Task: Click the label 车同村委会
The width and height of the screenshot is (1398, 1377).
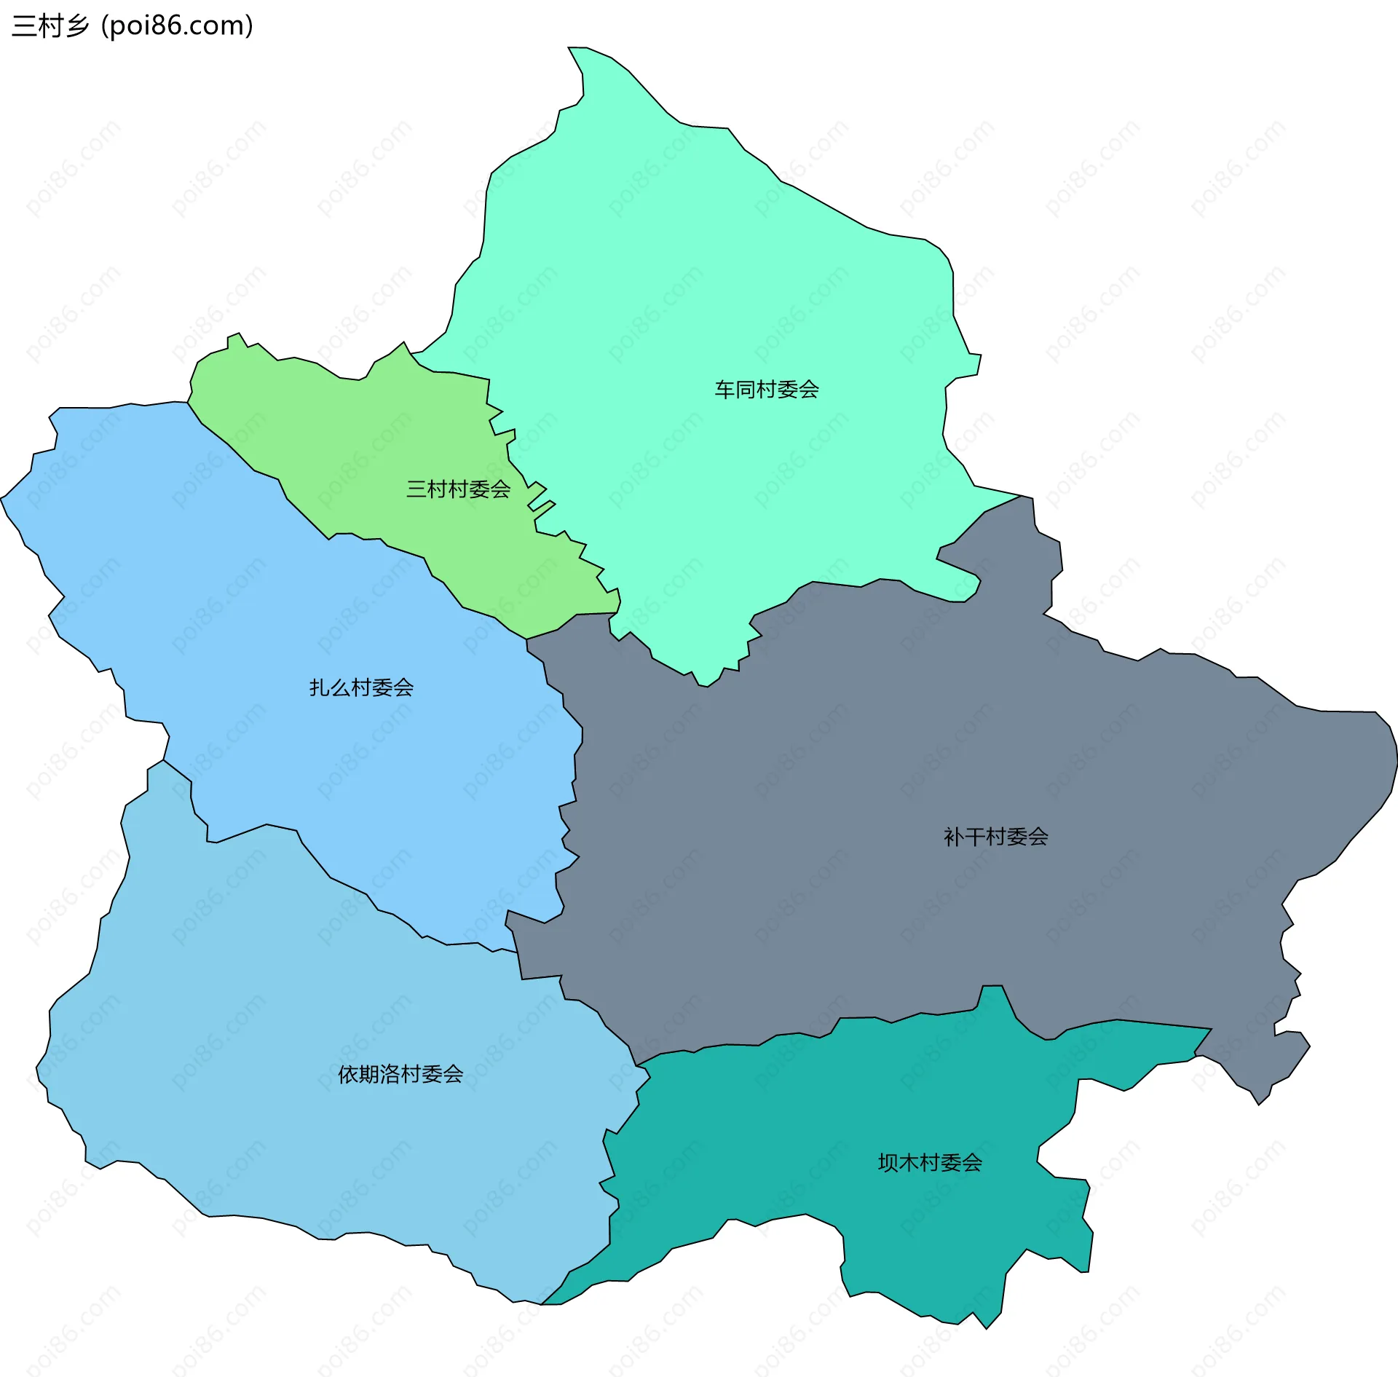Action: coord(766,390)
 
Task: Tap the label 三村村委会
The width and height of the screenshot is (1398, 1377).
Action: coord(458,489)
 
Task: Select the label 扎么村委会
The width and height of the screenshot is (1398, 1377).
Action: coord(361,687)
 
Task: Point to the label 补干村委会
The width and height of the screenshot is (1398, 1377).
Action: coord(995,837)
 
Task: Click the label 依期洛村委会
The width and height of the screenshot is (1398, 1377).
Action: coord(400,1074)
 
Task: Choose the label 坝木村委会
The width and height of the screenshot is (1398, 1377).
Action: coord(930,1163)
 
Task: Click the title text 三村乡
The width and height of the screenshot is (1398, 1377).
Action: coord(50,25)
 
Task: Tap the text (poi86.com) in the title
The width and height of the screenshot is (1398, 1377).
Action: coord(177,25)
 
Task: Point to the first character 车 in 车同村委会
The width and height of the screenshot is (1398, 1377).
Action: coord(724,390)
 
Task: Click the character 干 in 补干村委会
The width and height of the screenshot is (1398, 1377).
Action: coord(975,837)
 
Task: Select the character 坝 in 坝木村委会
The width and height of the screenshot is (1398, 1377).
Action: coord(888,1163)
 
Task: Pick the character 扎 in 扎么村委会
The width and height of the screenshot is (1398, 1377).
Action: coord(320,687)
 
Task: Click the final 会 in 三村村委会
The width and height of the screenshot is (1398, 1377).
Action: coord(500,489)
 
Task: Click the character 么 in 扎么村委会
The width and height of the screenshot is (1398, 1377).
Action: coord(340,687)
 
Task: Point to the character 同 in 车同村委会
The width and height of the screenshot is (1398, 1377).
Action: coord(745,390)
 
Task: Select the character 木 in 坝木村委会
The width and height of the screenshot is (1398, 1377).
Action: coord(909,1163)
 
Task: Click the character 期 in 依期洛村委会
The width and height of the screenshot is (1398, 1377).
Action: coord(369,1074)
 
